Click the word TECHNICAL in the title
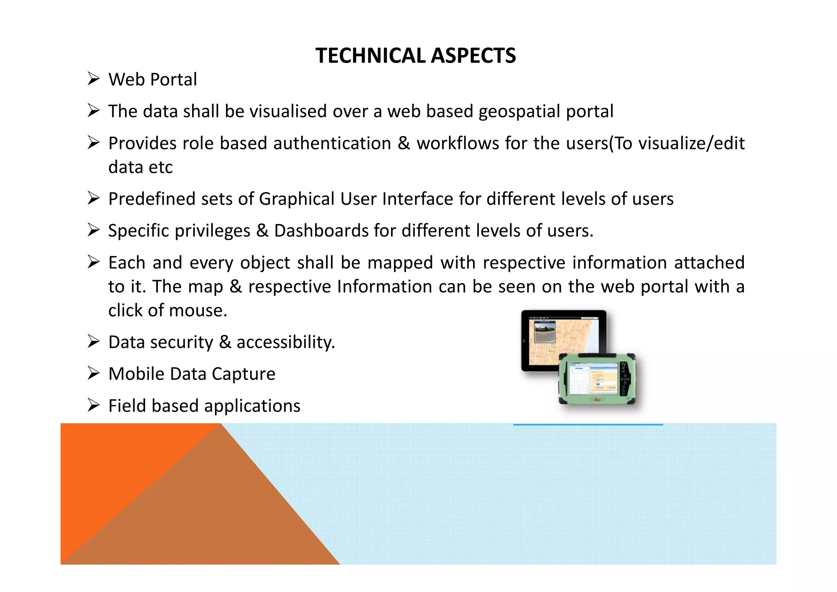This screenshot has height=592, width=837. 370,56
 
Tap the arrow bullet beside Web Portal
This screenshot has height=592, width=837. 94,78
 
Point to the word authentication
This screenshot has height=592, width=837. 332,144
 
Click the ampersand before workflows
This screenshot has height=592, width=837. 404,144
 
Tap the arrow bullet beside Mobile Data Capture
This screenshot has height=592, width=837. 94,373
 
